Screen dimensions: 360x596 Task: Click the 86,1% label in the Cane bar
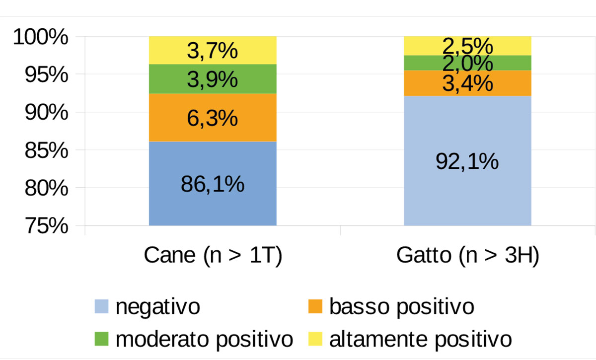[x=213, y=184]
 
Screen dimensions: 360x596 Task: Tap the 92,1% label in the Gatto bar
[x=467, y=161]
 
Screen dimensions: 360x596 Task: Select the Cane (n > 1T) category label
[x=213, y=257]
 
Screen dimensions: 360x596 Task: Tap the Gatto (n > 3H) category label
[x=467, y=257]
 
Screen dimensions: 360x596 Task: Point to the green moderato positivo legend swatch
[x=101, y=340]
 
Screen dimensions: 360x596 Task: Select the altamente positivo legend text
[x=420, y=340]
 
